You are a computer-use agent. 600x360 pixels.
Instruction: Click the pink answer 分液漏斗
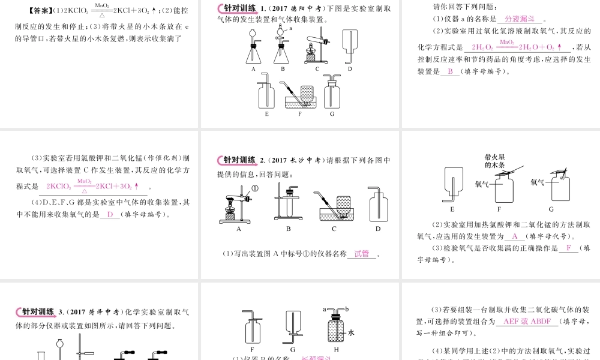coord(520,19)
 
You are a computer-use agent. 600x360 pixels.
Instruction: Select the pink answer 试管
coord(362,254)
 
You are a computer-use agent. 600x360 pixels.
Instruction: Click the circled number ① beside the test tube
coord(254,188)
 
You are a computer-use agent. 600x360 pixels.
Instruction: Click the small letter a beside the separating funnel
coord(291,28)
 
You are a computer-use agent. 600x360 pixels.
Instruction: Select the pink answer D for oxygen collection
coord(110,215)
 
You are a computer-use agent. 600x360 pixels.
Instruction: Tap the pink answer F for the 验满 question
coord(568,248)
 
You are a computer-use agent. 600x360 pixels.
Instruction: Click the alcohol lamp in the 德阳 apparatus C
coord(312,57)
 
